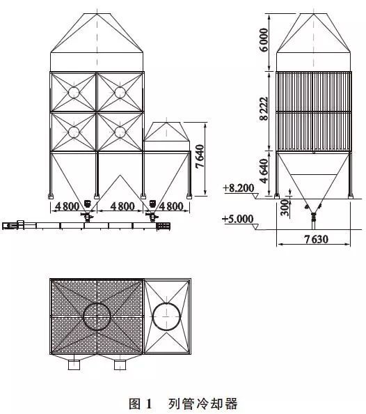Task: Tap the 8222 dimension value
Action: (x=264, y=109)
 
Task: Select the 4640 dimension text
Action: (x=264, y=171)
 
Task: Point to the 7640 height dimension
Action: (x=200, y=156)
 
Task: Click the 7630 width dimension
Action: (x=317, y=239)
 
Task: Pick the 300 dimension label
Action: (x=285, y=208)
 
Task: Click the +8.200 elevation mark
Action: (x=239, y=188)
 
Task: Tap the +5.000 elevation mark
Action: (x=238, y=219)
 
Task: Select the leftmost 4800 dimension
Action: (x=67, y=206)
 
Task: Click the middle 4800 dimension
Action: (x=122, y=206)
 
